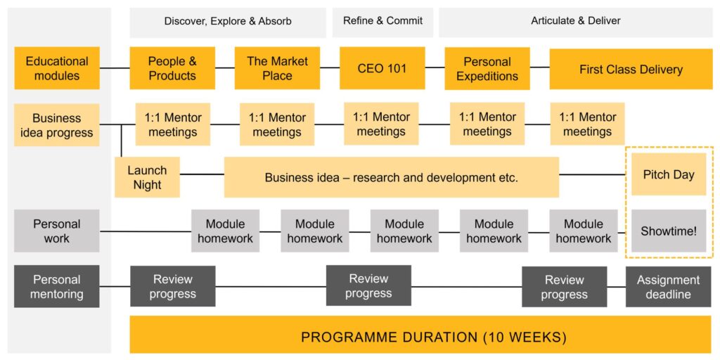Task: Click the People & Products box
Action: [172, 68]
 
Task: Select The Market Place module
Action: [277, 68]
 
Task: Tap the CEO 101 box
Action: [382, 68]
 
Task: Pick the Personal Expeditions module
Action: [487, 68]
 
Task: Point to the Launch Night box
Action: [147, 177]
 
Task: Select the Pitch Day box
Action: [669, 174]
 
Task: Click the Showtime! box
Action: [669, 231]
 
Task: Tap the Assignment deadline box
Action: [668, 287]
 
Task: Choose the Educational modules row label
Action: [56, 68]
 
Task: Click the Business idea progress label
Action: [56, 125]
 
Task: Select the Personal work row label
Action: [56, 231]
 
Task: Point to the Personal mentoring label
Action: [56, 287]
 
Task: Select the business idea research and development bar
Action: [391, 177]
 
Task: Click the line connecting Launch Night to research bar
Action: [202, 174]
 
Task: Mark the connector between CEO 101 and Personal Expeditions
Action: [435, 67]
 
